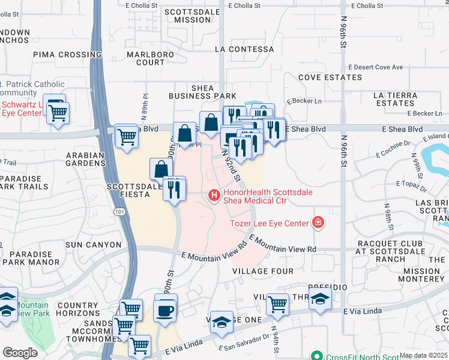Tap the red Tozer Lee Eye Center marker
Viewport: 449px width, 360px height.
pyautogui.click(x=318, y=223)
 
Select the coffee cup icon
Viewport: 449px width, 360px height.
pyautogui.click(x=166, y=310)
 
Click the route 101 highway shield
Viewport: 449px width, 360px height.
pyautogui.click(x=118, y=212)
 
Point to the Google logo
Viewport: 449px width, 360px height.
pyautogui.click(x=20, y=353)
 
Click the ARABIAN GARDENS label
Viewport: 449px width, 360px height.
pyautogui.click(x=85, y=159)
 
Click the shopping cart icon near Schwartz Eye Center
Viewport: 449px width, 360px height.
pyautogui.click(x=58, y=112)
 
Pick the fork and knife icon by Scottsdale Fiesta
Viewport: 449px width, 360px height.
pyautogui.click(x=174, y=188)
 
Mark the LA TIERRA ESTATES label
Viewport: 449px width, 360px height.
pyautogui.click(x=394, y=99)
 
